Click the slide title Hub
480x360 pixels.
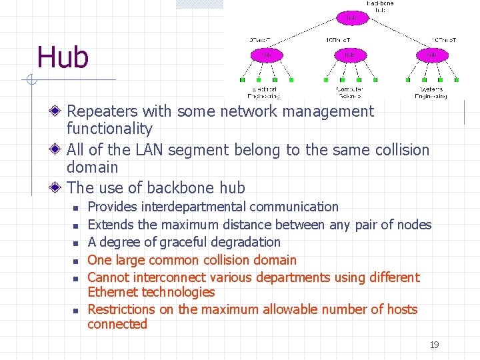click(63, 57)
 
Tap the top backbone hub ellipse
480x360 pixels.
click(351, 18)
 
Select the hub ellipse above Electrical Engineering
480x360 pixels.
click(267, 55)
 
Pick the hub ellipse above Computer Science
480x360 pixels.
click(350, 55)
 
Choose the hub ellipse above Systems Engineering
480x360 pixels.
click(433, 55)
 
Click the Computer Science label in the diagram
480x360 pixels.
click(350, 92)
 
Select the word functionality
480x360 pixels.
click(109, 129)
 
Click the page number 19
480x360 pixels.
click(434, 345)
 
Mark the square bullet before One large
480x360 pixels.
click(77, 261)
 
